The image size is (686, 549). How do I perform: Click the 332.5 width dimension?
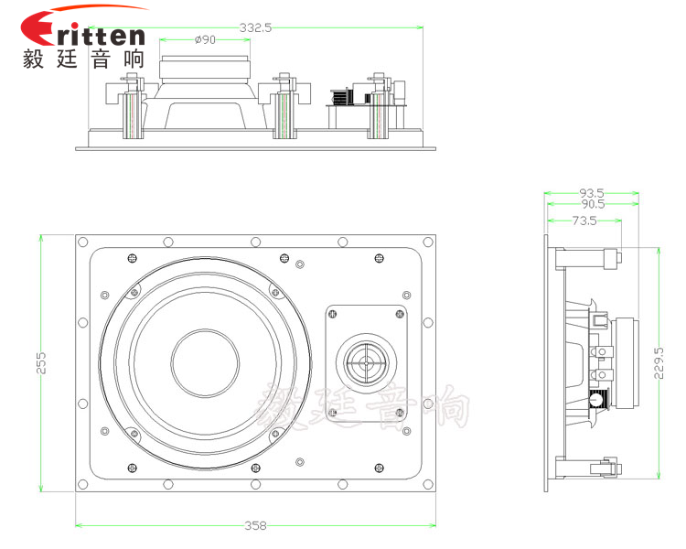256,27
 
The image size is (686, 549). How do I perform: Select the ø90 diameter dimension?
205,39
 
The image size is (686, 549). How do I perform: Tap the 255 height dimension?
40,364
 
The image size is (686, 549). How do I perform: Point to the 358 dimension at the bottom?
255,525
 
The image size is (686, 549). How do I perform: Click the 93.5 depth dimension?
592,193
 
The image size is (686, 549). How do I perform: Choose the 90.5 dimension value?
592,205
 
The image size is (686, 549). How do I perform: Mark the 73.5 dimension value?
584,221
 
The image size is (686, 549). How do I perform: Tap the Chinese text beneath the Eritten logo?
82,59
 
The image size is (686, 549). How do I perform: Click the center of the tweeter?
366,361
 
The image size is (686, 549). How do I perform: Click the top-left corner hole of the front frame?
83,242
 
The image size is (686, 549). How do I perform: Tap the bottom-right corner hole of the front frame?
427,483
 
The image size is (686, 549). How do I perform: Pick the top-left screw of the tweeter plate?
333,314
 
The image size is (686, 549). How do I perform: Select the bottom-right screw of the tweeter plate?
399,410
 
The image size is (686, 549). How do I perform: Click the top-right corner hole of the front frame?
427,242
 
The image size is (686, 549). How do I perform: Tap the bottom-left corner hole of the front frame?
83,483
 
